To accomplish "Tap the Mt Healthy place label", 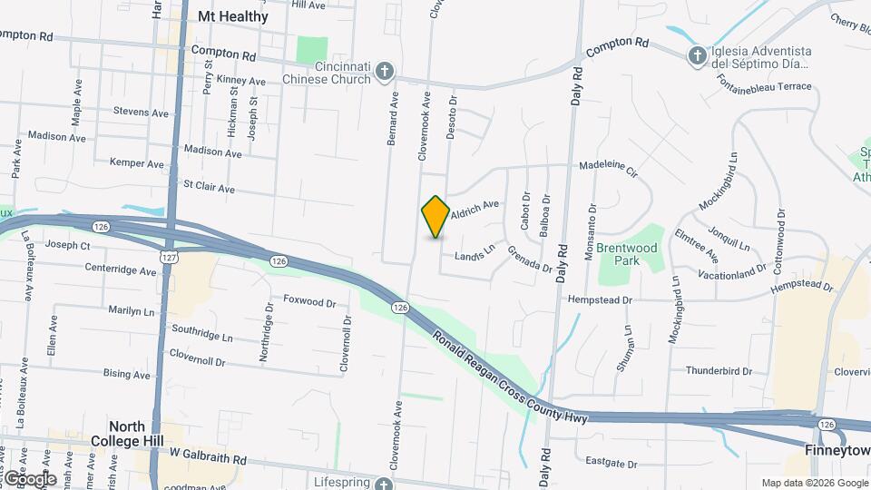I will tap(233, 16).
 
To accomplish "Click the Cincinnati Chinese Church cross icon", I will tap(385, 71).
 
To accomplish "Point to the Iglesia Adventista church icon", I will tap(697, 56).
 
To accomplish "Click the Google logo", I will tap(29, 478).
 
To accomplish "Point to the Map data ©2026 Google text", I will tap(814, 483).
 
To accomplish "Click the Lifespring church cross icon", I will tap(385, 485).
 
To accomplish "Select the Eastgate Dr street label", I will tap(612, 464).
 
